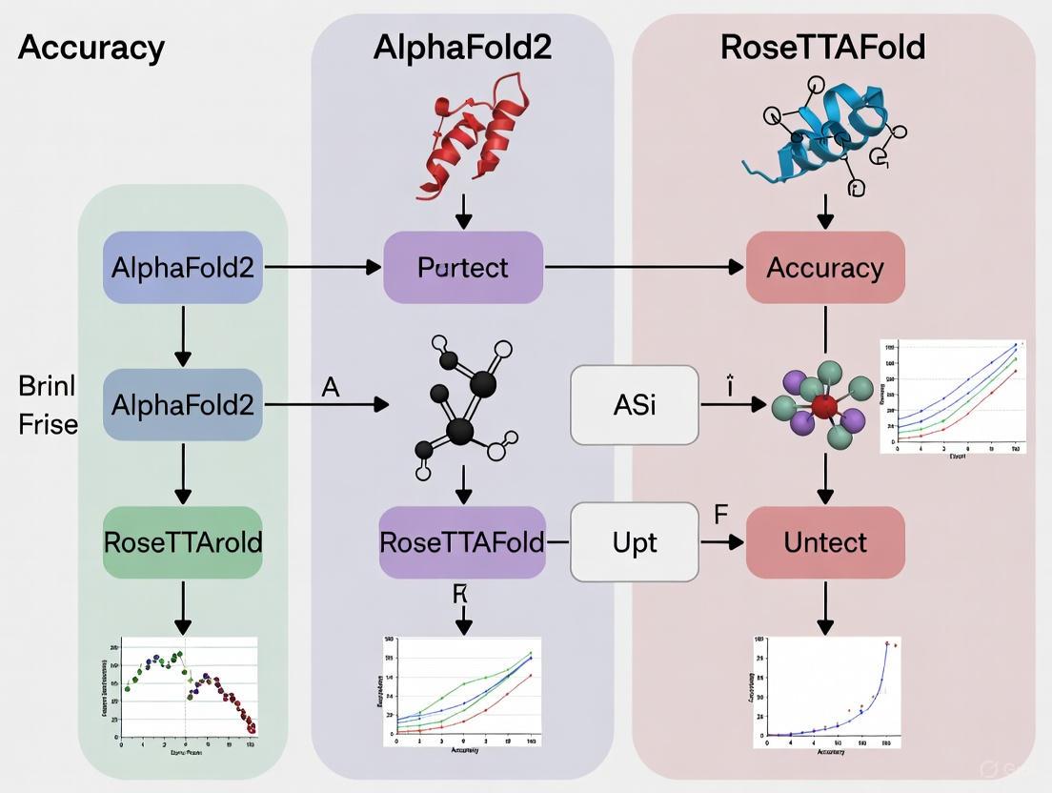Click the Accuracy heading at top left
tap(91, 47)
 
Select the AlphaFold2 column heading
tap(462, 47)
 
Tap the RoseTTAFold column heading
tap(823, 47)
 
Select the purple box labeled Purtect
tap(463, 268)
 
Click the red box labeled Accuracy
tap(824, 268)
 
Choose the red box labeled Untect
tap(824, 542)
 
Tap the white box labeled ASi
tap(634, 405)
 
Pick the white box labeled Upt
tap(634, 543)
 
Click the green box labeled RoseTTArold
tap(182, 542)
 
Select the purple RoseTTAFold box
tap(462, 542)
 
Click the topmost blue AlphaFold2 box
tap(182, 268)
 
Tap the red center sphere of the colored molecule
tap(824, 407)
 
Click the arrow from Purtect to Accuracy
tap(643, 268)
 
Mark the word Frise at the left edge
tap(47, 424)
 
